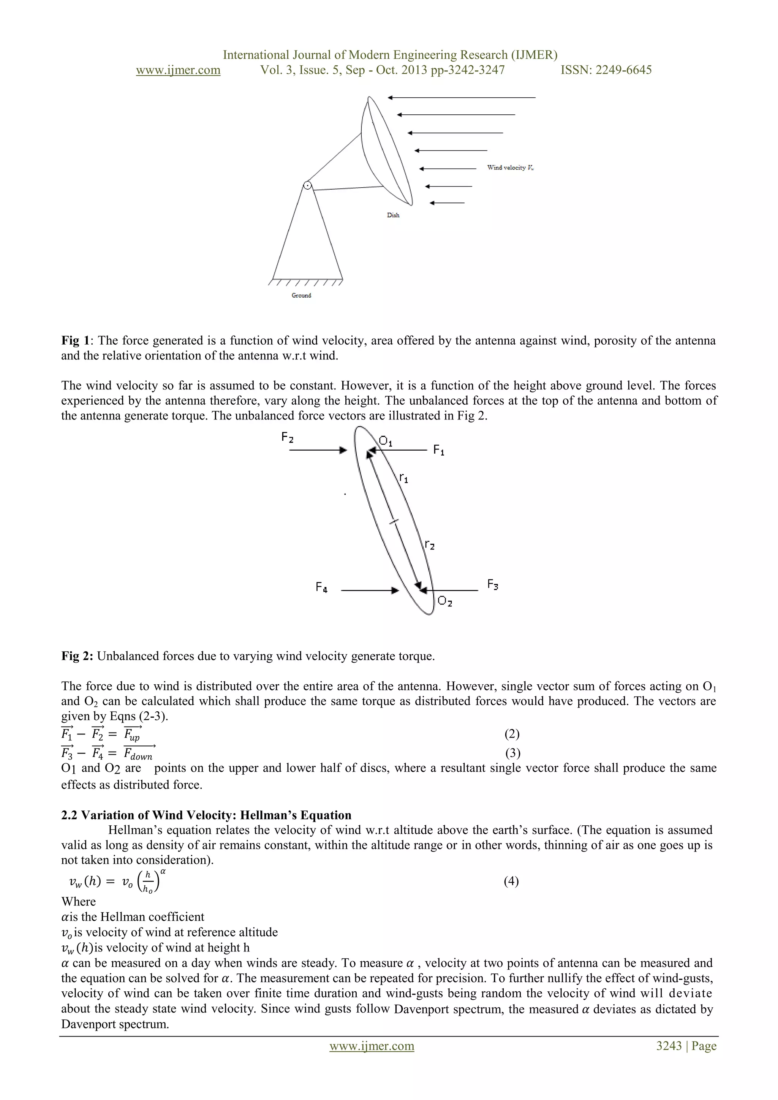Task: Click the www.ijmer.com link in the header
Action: point(178,70)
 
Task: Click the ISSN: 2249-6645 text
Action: point(606,70)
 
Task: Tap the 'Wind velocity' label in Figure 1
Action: point(510,168)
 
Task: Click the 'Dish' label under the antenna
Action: point(393,215)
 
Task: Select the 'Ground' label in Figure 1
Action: point(301,296)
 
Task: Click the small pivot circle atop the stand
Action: point(308,185)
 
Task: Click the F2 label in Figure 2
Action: point(288,437)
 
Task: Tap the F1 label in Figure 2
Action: point(438,450)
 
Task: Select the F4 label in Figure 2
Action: point(321,587)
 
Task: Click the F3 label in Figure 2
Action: point(492,584)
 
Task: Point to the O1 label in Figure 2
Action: point(386,441)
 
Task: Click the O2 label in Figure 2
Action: point(444,601)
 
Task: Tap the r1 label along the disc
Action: point(403,478)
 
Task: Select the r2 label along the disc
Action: point(429,545)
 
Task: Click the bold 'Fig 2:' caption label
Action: point(77,656)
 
